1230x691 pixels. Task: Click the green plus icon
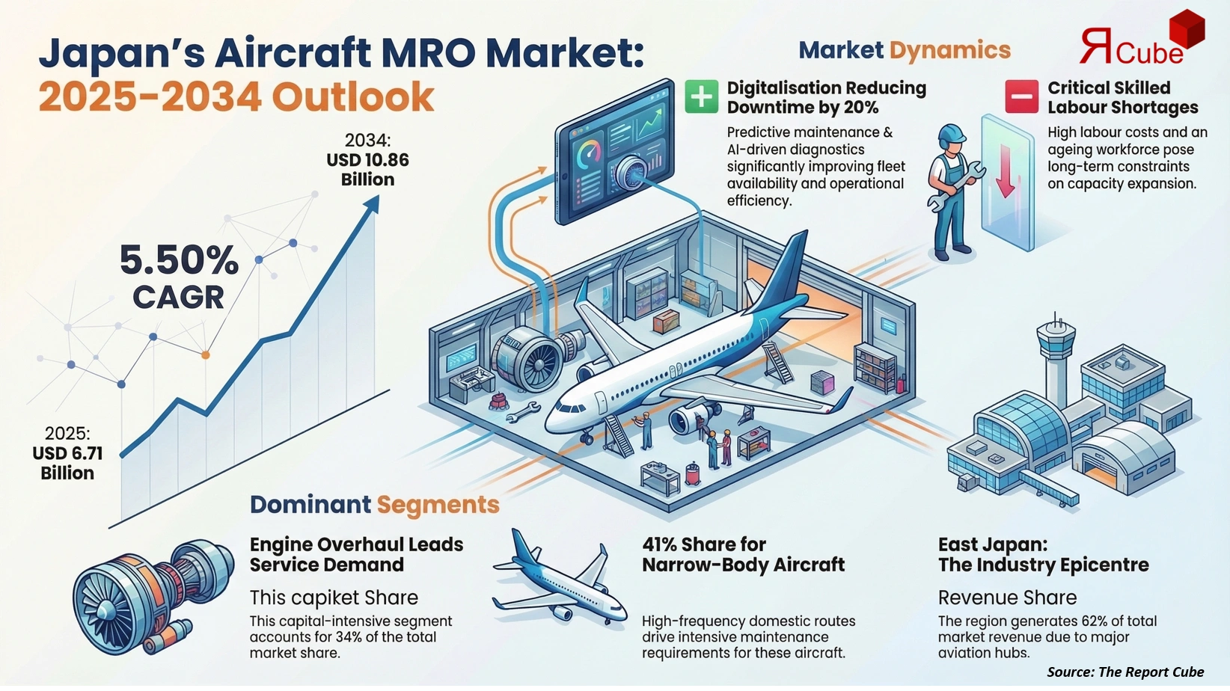tap(701, 97)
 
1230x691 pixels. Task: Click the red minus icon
tap(1021, 97)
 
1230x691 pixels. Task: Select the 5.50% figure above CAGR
tap(179, 260)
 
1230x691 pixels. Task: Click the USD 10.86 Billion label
tap(367, 169)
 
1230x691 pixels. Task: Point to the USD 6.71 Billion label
tap(67, 463)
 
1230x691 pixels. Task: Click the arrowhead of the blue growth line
tap(371, 203)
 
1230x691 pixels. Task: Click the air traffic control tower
tap(1056, 351)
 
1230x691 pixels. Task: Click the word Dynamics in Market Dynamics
tap(950, 50)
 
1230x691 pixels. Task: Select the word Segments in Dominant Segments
tap(438, 505)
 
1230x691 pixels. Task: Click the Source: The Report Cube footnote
tap(1125, 672)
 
